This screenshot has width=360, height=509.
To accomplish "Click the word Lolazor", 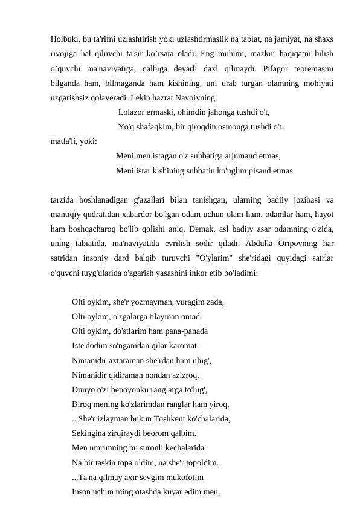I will click(x=135, y=112).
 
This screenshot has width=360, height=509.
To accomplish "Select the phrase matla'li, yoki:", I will click(x=76, y=142).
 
